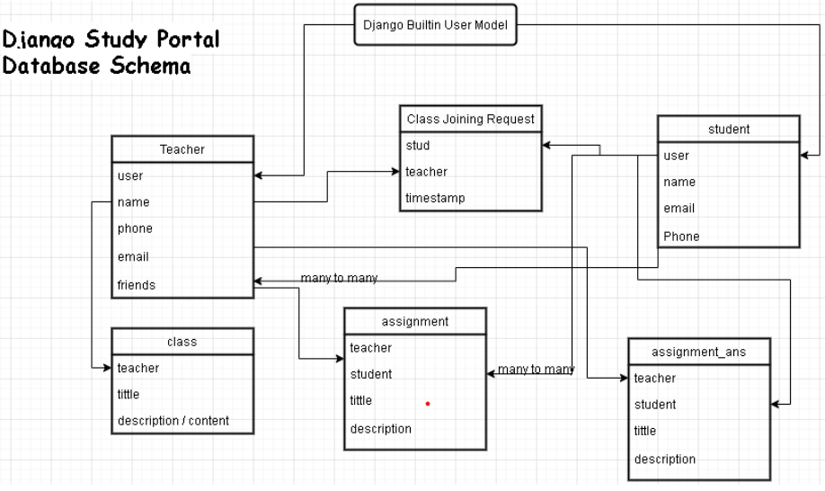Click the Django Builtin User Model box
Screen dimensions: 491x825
tap(435, 25)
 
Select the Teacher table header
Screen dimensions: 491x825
tap(182, 149)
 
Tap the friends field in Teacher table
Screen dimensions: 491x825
tap(137, 285)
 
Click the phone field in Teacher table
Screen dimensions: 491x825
tap(135, 228)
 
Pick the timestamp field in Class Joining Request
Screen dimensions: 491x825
tap(435, 198)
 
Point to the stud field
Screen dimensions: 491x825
tap(417, 146)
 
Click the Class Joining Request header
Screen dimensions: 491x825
tap(470, 119)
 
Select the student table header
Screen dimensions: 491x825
tap(728, 129)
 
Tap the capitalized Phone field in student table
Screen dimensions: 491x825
tap(681, 237)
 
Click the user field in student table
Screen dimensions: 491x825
tap(677, 156)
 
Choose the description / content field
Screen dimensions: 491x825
tap(173, 420)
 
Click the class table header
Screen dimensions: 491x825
tap(182, 342)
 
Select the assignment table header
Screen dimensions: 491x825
tap(414, 321)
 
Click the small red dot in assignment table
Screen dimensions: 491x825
tap(428, 404)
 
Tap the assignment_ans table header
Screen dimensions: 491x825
tap(698, 352)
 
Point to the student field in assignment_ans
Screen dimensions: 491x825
tap(655, 405)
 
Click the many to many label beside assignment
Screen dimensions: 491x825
tap(536, 370)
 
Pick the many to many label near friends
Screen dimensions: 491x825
tap(339, 279)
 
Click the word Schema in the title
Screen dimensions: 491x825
tap(144, 67)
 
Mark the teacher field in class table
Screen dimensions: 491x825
tap(137, 368)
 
